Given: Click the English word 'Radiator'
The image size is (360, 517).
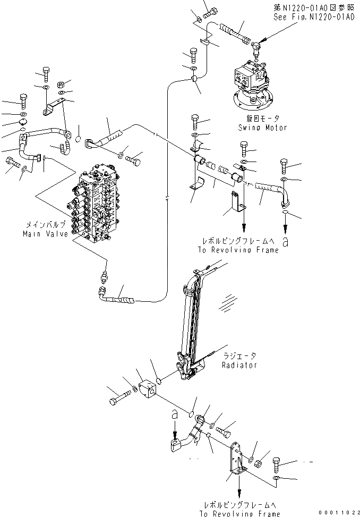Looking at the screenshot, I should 240,365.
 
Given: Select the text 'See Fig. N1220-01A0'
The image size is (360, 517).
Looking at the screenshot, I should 314,17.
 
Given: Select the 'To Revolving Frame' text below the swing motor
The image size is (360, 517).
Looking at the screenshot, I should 238,250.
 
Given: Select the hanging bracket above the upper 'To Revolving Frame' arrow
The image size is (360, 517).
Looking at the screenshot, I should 236,202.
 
